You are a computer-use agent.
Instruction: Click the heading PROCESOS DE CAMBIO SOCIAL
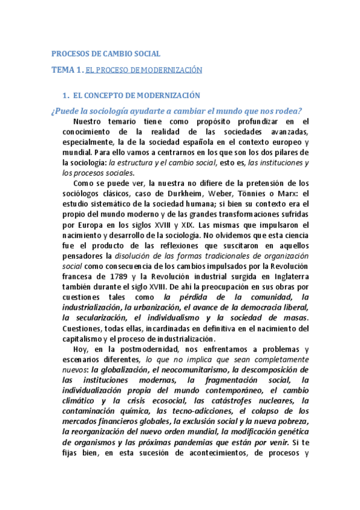pos(103,53)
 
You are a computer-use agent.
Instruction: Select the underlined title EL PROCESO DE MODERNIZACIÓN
pos(144,71)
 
